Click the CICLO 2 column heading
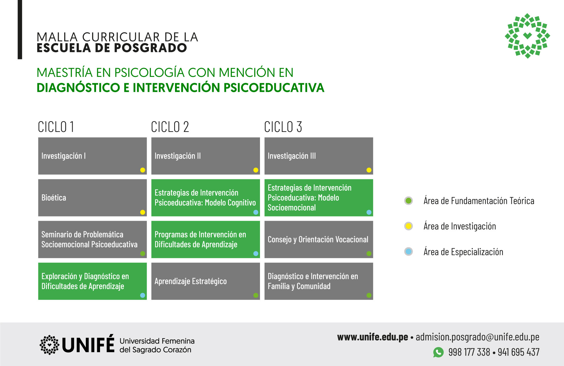click(x=170, y=127)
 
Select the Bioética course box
click(x=92, y=198)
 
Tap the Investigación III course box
click(x=319, y=156)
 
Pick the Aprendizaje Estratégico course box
click(x=205, y=281)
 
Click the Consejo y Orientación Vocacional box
click(x=319, y=239)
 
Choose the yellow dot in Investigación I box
click(x=143, y=170)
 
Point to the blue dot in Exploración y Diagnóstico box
click(x=143, y=295)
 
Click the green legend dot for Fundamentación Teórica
click(x=409, y=201)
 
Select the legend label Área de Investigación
click(x=460, y=226)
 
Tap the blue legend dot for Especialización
click(x=409, y=251)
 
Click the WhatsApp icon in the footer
click(x=438, y=352)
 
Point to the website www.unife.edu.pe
click(x=372, y=337)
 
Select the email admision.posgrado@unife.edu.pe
click(x=478, y=337)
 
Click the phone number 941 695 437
click(x=519, y=352)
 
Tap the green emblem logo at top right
click(x=527, y=36)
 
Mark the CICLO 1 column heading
click(x=56, y=127)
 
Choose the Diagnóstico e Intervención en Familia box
click(x=319, y=281)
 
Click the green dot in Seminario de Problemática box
click(x=143, y=254)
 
